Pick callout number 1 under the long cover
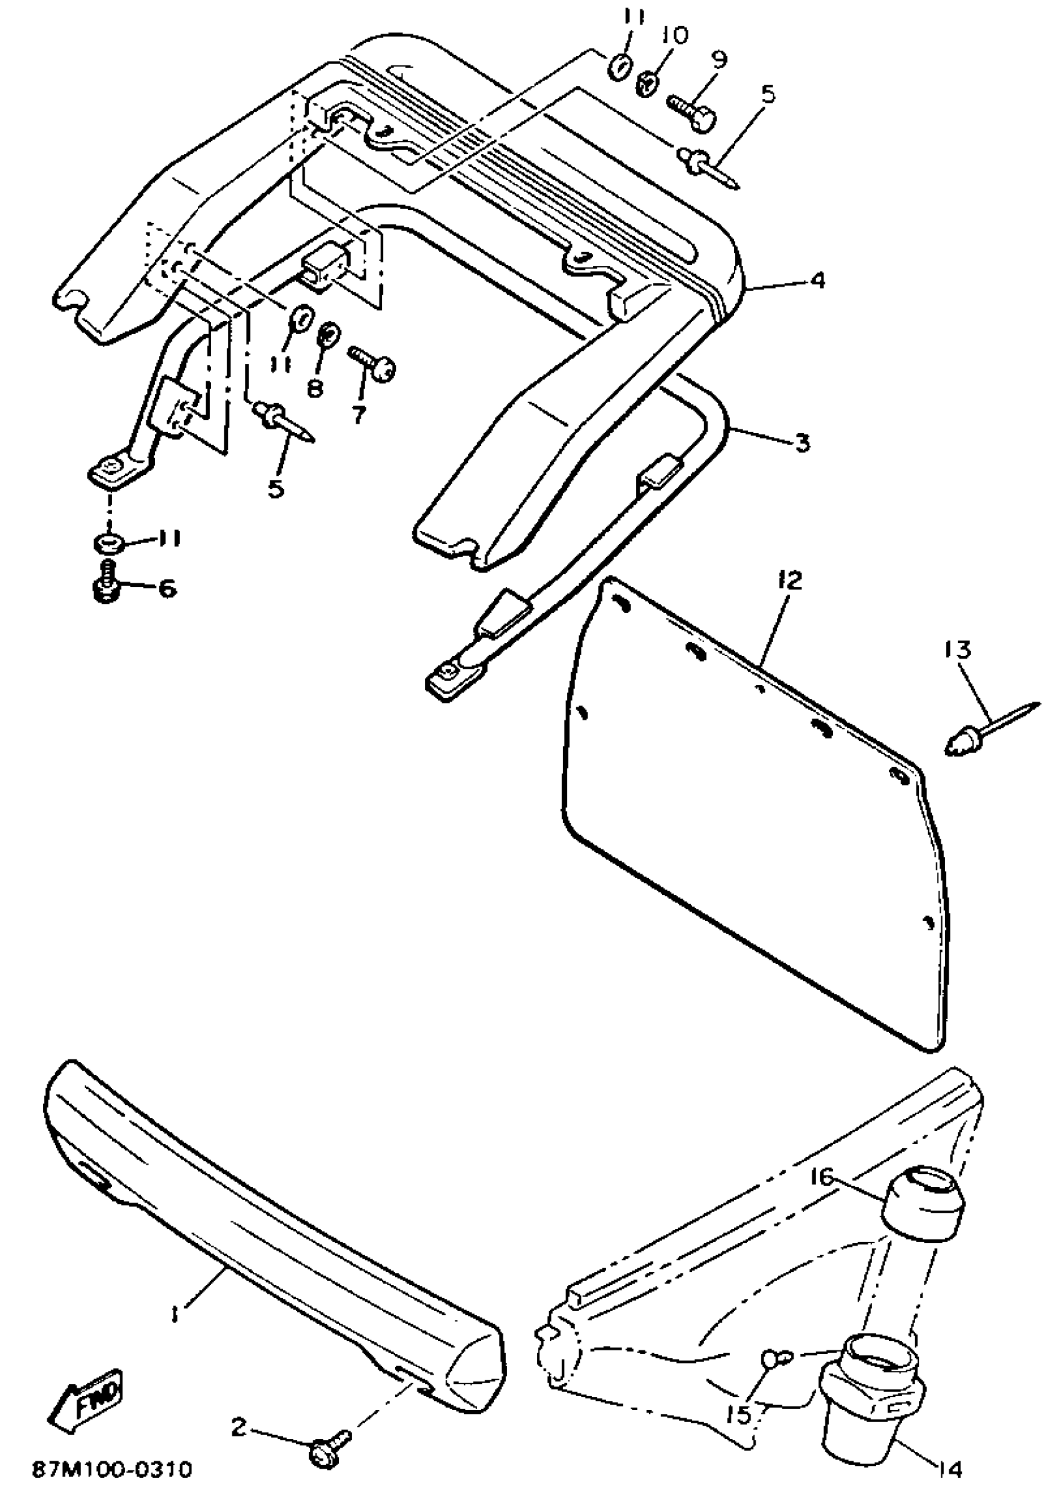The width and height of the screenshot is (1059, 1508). [174, 1311]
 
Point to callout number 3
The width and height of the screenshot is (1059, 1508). [802, 443]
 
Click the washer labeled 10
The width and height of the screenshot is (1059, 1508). [648, 84]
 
